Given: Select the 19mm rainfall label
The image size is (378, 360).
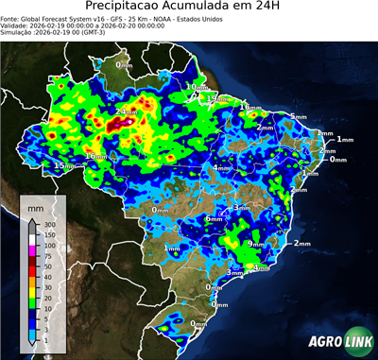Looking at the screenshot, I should pos(218,97).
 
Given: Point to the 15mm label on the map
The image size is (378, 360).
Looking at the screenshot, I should pos(63,166).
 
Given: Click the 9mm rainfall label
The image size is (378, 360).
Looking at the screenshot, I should pos(255,244).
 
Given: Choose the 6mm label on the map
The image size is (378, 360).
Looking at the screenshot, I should pos(215,219).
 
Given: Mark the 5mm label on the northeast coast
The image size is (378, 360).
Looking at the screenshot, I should pos(299,116).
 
